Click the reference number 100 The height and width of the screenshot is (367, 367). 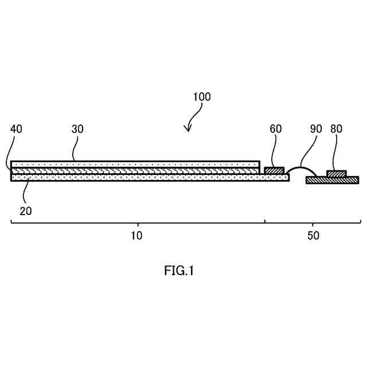click(x=201, y=97)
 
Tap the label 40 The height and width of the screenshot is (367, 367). click(x=16, y=129)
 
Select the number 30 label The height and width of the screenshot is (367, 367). click(x=77, y=129)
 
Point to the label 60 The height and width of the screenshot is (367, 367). click(x=276, y=129)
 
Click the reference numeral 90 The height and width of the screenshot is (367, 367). click(x=316, y=129)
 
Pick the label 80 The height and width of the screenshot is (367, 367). click(x=336, y=129)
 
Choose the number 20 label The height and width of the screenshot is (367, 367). click(x=26, y=211)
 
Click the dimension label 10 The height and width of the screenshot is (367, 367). click(x=136, y=236)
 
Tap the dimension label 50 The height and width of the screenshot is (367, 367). click(x=313, y=236)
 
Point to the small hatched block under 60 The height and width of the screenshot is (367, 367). click(x=274, y=170)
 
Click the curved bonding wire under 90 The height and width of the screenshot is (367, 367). click(x=301, y=167)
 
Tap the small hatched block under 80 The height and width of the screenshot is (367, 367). click(x=336, y=174)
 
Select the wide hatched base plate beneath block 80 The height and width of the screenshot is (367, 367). click(x=332, y=180)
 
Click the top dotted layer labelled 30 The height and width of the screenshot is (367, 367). click(x=135, y=165)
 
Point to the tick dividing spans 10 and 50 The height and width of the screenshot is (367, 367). click(x=264, y=221)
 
